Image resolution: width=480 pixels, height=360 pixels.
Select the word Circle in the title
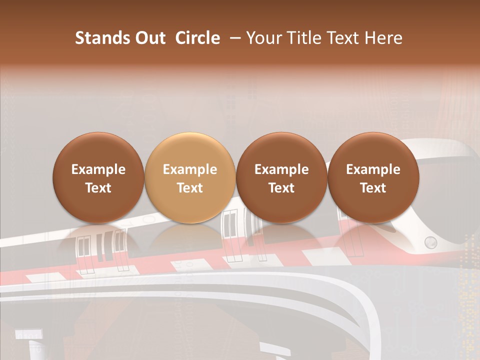click(x=197, y=38)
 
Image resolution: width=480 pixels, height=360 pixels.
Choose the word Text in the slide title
click(x=344, y=38)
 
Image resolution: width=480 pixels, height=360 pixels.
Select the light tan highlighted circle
click(x=190, y=178)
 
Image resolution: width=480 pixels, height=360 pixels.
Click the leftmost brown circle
click(x=98, y=178)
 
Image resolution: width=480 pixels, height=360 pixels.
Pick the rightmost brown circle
click(x=373, y=178)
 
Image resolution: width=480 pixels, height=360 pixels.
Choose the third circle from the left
click(x=281, y=178)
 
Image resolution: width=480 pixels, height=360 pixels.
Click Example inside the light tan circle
click(x=190, y=169)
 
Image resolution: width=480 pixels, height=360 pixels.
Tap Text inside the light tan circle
click(x=190, y=188)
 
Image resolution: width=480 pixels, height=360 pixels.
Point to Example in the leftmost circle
click(x=98, y=169)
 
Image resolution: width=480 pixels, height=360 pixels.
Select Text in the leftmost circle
click(x=98, y=188)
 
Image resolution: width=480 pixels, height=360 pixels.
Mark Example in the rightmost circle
click(x=373, y=169)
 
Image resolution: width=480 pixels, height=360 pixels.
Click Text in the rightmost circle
click(x=373, y=188)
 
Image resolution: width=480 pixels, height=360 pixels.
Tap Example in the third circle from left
click(x=281, y=169)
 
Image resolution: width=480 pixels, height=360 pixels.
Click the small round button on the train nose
click(x=430, y=243)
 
